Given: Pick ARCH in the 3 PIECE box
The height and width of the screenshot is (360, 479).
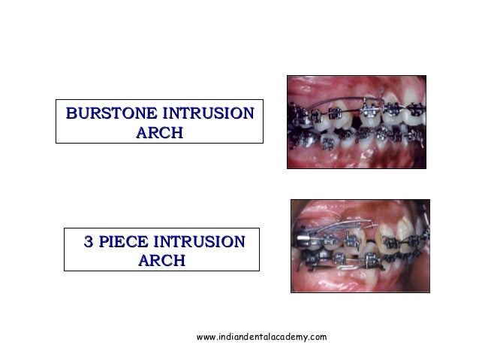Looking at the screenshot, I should (x=161, y=262).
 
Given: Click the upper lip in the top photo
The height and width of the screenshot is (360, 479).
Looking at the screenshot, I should (x=353, y=84).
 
